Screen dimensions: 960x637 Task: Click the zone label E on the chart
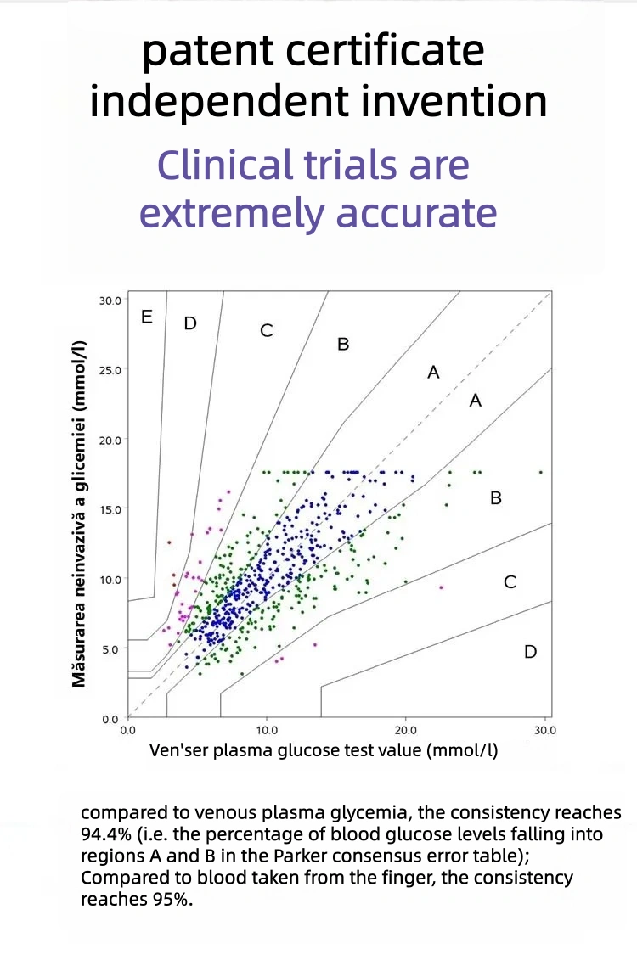click(147, 317)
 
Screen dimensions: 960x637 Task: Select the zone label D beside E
click(190, 323)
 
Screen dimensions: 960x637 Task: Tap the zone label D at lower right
click(530, 652)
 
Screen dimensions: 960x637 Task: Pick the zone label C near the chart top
click(267, 330)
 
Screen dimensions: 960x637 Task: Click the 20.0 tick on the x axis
click(405, 729)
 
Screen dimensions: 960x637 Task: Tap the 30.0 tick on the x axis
click(544, 729)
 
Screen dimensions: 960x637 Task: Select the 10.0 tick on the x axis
click(267, 729)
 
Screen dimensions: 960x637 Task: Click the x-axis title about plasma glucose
click(324, 750)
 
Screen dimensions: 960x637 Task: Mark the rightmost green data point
click(540, 472)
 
